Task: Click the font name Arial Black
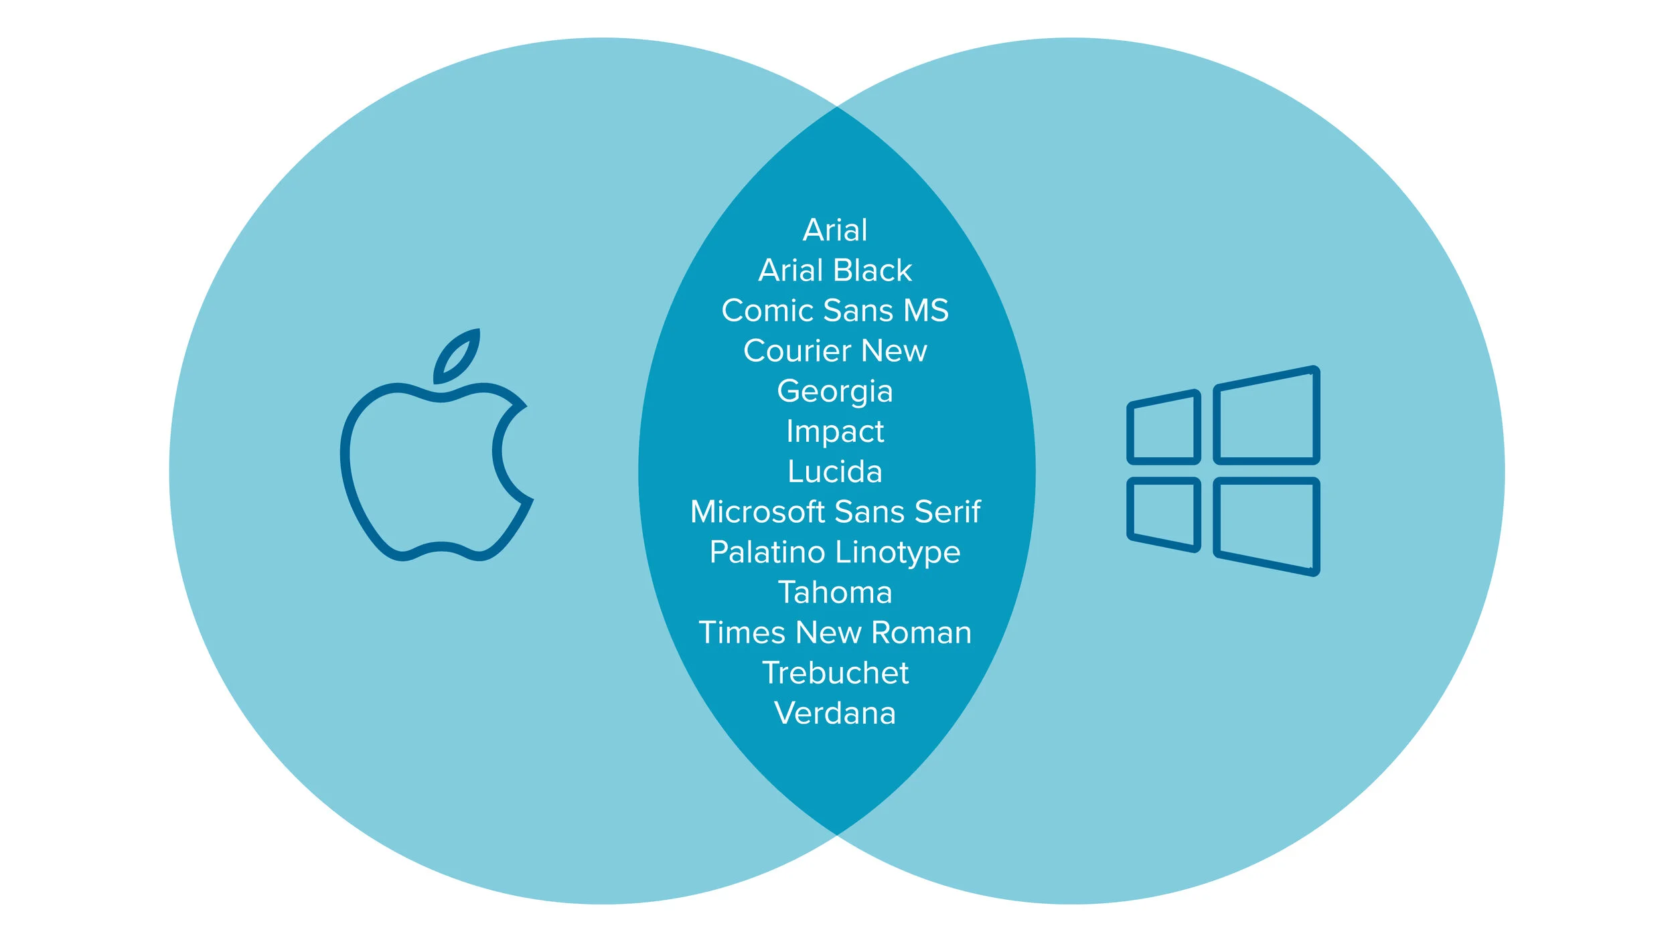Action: coord(835,270)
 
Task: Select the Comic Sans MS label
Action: coord(835,311)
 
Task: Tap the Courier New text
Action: coord(835,351)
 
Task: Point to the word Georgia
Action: coord(835,392)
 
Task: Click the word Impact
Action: coord(835,432)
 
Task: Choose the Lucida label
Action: coord(835,471)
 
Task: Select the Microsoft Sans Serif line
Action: coord(835,512)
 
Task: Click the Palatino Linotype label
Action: coord(835,553)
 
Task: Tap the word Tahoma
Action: coord(835,593)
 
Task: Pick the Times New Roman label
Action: coord(835,633)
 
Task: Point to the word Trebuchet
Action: coord(835,673)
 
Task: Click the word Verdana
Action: coord(835,713)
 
